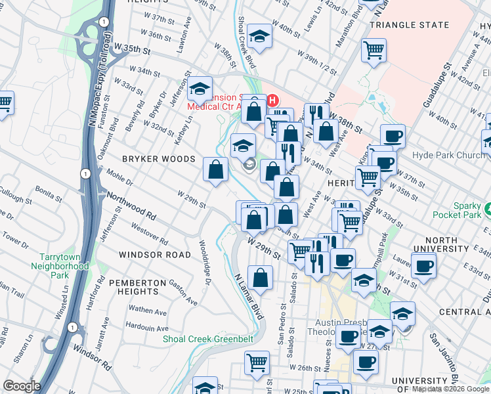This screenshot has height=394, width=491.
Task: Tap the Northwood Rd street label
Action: (131, 206)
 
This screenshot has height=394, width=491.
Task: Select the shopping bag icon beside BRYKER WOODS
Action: (215, 171)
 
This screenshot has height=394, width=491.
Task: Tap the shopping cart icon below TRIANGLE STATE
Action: (374, 50)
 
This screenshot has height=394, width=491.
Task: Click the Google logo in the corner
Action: (22, 385)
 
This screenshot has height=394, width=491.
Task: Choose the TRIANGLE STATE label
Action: (410, 25)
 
